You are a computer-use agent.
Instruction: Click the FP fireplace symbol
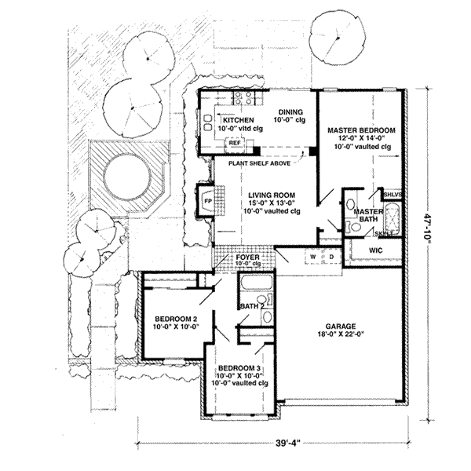coord(207,200)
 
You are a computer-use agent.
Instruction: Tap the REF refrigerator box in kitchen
coord(234,144)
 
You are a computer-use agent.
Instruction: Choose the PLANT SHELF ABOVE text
coord(260,164)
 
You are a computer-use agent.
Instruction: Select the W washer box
coord(312,256)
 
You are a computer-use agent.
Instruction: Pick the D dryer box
coord(330,256)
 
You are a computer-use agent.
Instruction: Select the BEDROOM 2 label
coord(170,318)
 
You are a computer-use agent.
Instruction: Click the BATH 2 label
coord(249,305)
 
